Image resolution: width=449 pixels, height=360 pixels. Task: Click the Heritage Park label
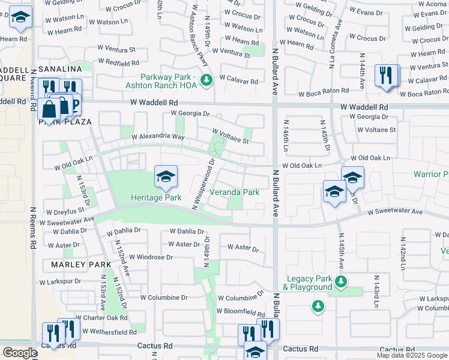156,197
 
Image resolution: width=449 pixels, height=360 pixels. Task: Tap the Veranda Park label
234,192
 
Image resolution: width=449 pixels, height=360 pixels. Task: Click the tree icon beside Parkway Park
207,79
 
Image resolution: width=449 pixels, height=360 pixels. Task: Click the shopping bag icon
49,109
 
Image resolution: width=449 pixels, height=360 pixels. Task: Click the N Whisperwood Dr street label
204,184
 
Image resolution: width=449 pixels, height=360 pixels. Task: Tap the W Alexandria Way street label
154,137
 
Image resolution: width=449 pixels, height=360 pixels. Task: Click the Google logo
19,353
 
